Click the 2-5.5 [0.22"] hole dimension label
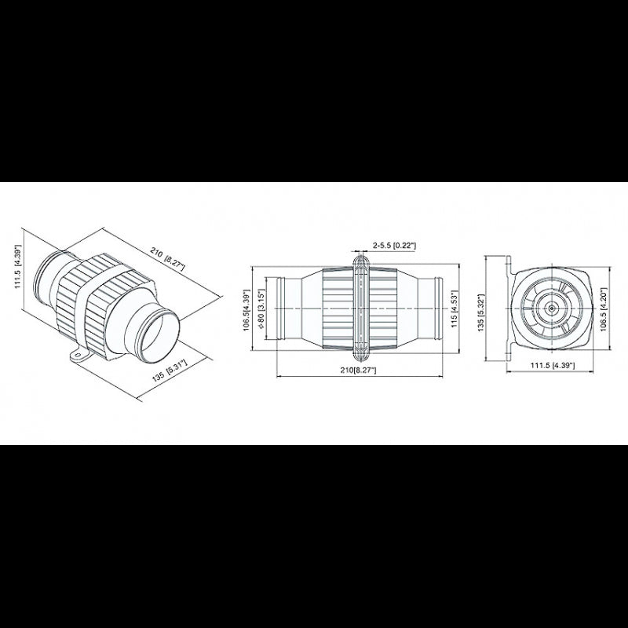tap(394, 246)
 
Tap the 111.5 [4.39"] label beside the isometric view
tap(18, 266)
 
